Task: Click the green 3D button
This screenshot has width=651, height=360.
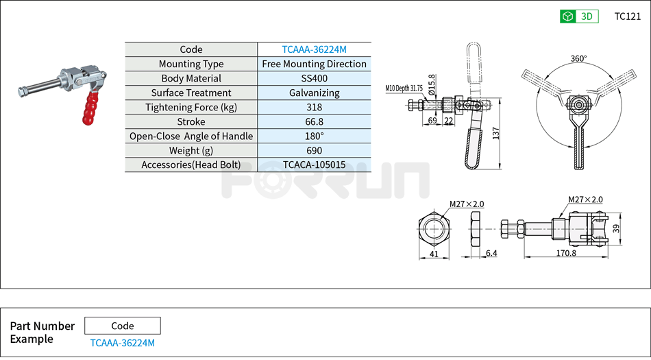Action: [x=579, y=16]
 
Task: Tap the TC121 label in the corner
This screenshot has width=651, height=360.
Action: [x=627, y=16]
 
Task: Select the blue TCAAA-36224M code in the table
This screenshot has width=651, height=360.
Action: [x=314, y=49]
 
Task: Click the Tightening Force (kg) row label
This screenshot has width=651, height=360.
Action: [x=191, y=107]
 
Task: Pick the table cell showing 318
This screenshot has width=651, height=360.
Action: [x=314, y=107]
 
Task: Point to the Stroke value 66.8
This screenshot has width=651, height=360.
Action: [x=314, y=121]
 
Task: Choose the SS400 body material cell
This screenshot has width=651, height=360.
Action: [x=314, y=78]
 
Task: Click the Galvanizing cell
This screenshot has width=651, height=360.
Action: [x=314, y=93]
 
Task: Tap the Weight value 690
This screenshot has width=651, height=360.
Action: [x=314, y=150]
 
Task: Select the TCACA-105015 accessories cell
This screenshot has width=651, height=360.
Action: [x=314, y=165]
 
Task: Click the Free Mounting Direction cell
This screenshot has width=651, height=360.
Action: [x=314, y=64]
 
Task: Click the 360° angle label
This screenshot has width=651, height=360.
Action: [x=579, y=59]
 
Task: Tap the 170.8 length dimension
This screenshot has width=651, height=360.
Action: [x=567, y=253]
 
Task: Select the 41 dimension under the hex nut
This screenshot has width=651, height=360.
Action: [x=433, y=254]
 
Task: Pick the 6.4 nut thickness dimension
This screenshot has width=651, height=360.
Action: [x=491, y=254]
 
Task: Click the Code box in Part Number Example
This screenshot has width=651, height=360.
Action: [x=123, y=326]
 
